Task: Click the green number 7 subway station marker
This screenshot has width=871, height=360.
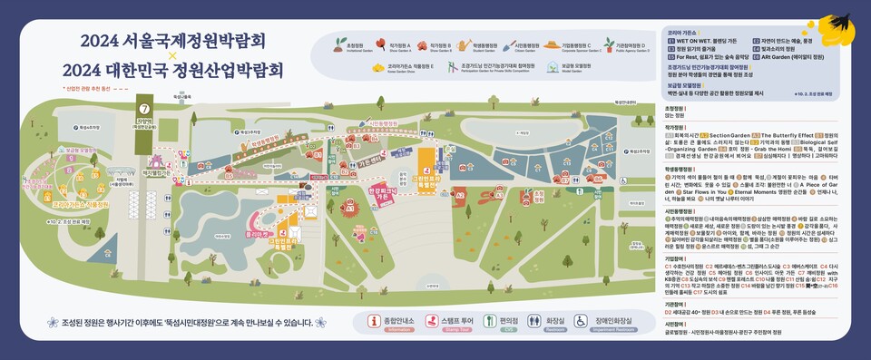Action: pos(143,110)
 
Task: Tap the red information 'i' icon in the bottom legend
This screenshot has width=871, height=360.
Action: pos(371,320)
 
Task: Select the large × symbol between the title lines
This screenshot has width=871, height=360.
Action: pos(172,55)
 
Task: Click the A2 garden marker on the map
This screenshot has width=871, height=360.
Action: pos(460,194)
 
